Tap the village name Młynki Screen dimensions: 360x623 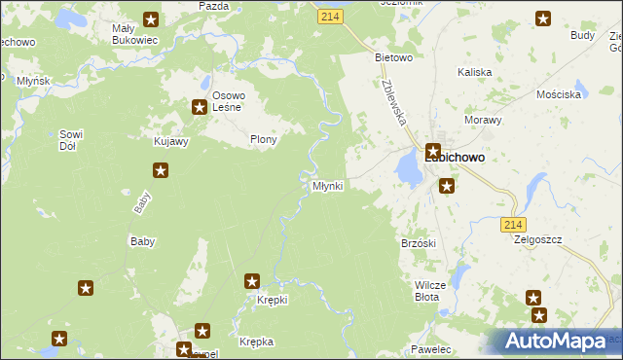[x=326, y=185]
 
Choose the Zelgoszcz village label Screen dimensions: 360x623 [x=538, y=238]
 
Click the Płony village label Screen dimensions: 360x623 [x=264, y=139]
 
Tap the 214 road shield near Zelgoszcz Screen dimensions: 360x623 [x=515, y=225]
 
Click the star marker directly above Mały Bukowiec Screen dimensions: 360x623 [x=150, y=18]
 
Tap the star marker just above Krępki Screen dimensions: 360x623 [x=252, y=281]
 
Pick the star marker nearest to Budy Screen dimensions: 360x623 [x=542, y=18]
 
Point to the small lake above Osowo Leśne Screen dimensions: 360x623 [x=206, y=83]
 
